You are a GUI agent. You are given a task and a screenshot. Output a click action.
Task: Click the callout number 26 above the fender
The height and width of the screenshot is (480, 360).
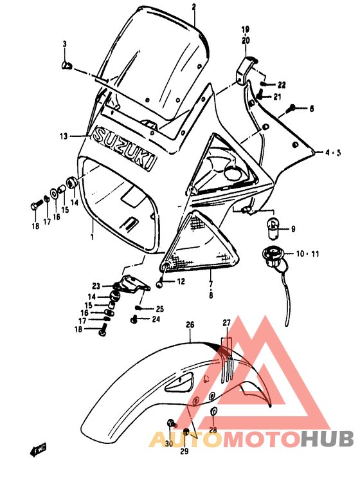[190, 325]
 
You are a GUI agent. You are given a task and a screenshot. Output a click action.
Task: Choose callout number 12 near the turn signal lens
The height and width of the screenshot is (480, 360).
[181, 281]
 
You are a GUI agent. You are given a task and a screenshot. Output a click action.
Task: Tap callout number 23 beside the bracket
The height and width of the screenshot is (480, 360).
[96, 286]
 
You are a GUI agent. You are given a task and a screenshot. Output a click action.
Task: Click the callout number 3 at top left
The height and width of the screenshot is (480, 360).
[64, 44]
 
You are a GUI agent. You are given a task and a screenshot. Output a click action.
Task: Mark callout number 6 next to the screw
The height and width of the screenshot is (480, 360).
[312, 109]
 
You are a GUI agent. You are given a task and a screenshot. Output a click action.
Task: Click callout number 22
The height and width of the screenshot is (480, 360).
[282, 85]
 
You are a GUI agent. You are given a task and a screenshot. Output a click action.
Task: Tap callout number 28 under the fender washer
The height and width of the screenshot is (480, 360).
[212, 430]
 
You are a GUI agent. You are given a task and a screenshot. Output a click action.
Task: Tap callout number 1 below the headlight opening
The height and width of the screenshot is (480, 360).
[91, 237]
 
